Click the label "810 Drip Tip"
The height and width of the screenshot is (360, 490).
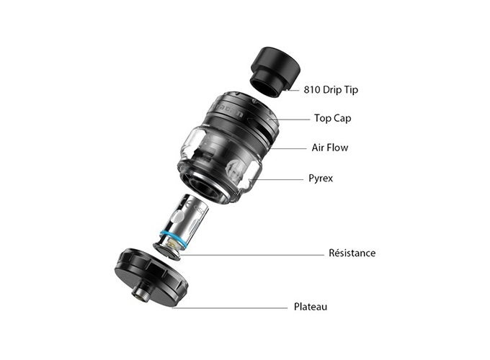(331, 90)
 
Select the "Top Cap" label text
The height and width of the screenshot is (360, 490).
(332, 118)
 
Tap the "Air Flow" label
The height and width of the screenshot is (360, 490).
(330, 148)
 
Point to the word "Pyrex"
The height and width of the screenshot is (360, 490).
(321, 179)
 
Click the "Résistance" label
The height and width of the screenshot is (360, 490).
(352, 253)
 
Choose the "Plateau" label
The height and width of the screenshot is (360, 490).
(311, 307)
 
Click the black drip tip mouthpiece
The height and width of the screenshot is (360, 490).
(275, 72)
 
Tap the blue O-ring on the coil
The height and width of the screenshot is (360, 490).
(173, 240)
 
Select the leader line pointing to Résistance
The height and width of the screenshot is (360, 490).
(252, 255)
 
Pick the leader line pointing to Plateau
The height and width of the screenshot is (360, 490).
(230, 308)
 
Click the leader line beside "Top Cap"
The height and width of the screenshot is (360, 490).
(290, 120)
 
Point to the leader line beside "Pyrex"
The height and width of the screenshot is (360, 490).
(277, 179)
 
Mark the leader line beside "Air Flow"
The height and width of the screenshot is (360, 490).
(287, 148)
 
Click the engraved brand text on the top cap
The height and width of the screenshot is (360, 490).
(228, 111)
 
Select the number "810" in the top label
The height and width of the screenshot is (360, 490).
(312, 90)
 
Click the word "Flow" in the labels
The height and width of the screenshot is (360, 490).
(337, 148)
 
